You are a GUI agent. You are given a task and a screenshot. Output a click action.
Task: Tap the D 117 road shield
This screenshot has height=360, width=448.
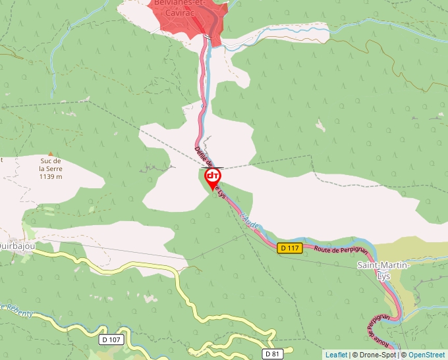click(x=289, y=248)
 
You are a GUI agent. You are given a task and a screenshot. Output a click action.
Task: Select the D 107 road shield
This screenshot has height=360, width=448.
click(x=112, y=340)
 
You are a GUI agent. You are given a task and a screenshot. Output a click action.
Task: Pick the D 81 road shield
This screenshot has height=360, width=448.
click(x=272, y=353)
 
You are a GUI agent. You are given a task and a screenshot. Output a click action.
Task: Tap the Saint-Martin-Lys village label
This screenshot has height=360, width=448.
click(x=383, y=270)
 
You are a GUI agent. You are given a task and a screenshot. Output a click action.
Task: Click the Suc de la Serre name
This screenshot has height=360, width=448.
click(x=50, y=165)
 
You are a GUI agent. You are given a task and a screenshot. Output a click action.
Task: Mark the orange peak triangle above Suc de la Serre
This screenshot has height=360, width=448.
click(x=50, y=153)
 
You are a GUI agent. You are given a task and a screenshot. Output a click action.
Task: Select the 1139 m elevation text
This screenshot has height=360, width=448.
click(x=50, y=176)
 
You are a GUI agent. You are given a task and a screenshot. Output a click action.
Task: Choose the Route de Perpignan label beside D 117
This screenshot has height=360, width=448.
click(x=340, y=249)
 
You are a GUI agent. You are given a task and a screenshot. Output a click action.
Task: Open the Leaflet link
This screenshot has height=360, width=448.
click(x=336, y=355)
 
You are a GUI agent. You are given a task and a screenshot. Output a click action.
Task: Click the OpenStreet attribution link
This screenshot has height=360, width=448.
click(x=426, y=355)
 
